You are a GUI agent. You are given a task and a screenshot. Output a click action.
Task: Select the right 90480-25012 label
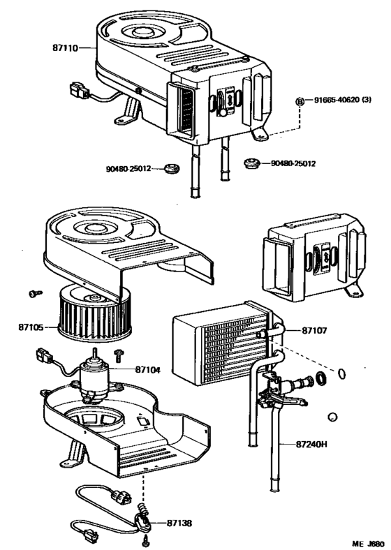click(x=294, y=164)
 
